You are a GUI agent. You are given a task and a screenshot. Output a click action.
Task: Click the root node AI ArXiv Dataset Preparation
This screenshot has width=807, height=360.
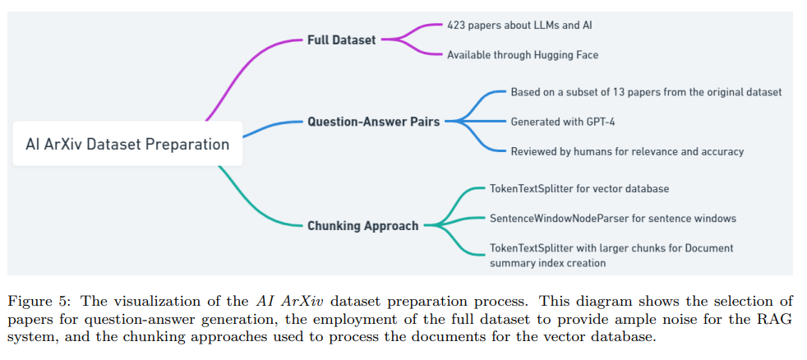(x=127, y=145)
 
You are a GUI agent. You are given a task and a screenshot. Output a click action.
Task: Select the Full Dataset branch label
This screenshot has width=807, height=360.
(x=341, y=39)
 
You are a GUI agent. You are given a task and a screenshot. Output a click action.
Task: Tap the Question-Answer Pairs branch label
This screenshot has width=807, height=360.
(x=373, y=122)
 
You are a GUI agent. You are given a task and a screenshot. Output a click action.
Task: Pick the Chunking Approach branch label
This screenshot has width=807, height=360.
(x=362, y=225)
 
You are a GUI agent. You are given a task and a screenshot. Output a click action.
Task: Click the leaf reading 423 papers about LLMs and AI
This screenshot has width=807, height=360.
(x=519, y=25)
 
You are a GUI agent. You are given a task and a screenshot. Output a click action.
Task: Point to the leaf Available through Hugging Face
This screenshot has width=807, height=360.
(x=522, y=55)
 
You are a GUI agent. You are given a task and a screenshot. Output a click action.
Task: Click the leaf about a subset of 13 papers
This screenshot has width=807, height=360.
(x=646, y=92)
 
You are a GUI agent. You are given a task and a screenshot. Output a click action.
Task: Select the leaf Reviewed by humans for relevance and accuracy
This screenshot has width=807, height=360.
(x=627, y=151)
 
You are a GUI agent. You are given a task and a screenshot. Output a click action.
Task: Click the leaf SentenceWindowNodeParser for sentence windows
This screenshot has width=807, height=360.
(x=612, y=219)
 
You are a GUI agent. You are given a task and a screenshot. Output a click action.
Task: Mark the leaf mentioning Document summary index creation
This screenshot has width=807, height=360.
(x=611, y=255)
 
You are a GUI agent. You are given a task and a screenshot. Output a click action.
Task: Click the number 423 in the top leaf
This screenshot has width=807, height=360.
(x=456, y=25)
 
